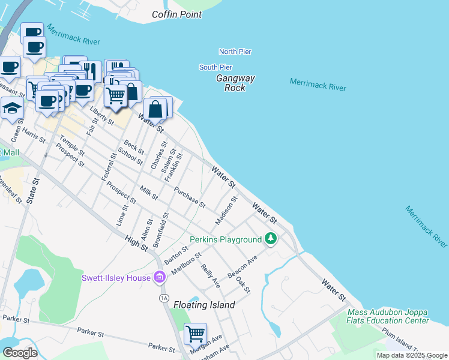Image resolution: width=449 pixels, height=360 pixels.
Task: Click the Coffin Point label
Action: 177,14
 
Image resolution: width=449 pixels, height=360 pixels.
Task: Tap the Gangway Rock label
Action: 235,83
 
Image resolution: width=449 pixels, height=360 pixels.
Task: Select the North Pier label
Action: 235,52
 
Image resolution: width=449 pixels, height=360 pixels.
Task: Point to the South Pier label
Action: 215,67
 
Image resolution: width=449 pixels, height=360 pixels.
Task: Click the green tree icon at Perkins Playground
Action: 271,239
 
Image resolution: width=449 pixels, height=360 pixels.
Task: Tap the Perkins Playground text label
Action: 226,240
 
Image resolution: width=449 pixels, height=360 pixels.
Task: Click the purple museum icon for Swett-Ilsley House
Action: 160,278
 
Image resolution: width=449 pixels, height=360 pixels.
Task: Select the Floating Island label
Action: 204,305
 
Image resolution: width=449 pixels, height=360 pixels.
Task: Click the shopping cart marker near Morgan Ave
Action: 195,333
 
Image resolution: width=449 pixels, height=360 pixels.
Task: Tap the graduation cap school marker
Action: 12,109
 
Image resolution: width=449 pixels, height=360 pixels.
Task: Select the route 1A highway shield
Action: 163,298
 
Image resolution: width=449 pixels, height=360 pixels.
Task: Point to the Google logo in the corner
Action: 20,353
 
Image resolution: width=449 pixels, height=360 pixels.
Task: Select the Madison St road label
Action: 227,211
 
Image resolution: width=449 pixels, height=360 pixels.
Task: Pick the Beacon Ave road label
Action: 242,267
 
